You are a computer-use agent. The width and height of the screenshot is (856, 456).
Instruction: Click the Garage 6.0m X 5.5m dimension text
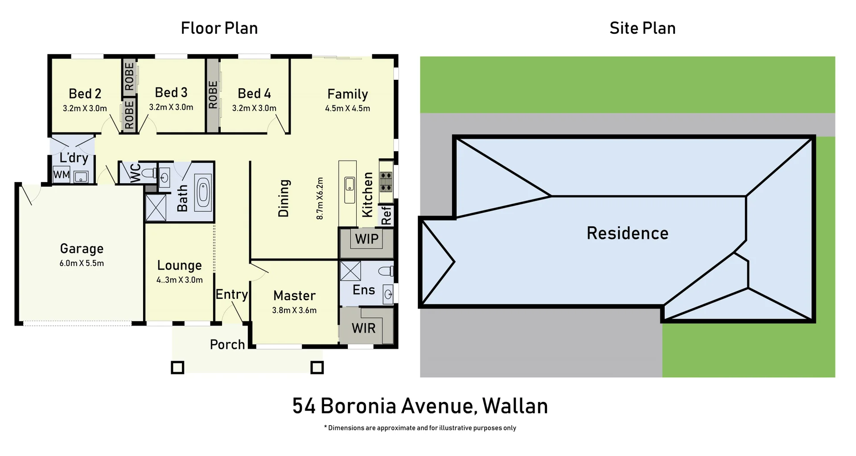tap(82, 263)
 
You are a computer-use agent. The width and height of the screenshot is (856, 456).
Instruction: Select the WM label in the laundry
tap(61, 174)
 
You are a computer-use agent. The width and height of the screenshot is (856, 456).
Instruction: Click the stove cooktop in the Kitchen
tap(386, 182)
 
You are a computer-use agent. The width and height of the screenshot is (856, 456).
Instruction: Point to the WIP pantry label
tap(366, 239)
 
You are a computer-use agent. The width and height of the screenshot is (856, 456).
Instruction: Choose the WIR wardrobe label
tap(363, 329)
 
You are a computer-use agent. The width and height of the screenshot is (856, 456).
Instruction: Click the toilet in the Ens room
tap(386, 271)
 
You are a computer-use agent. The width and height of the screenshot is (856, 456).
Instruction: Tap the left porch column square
tap(177, 368)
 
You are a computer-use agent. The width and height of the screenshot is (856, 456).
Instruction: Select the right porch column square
tap(317, 368)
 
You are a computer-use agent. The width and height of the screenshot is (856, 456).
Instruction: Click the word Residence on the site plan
tap(627, 233)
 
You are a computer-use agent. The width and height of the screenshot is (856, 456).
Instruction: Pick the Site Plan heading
tap(642, 28)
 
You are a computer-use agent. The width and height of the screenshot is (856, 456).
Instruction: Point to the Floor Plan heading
tap(219, 28)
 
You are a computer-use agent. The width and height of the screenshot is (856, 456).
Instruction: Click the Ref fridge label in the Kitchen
tap(386, 216)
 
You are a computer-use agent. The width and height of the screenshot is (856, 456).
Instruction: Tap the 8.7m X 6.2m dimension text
tap(320, 199)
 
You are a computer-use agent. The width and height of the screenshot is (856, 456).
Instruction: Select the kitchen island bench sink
tap(350, 184)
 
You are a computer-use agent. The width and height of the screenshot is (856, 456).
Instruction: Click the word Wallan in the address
tap(515, 406)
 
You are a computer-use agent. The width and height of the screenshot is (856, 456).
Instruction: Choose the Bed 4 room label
tap(254, 93)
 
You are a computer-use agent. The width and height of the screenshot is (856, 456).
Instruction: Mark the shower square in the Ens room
tap(350, 271)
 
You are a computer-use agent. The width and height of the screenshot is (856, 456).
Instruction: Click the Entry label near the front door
tap(231, 294)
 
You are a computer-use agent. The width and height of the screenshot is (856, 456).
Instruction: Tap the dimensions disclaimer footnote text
tap(420, 428)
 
